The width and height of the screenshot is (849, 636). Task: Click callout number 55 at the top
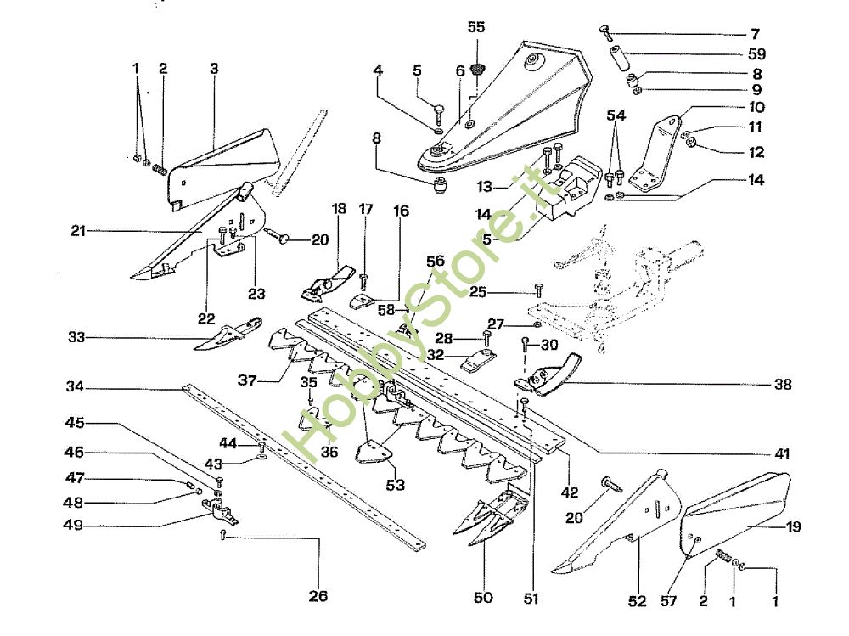coord(476,27)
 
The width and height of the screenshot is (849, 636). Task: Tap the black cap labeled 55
coord(476,67)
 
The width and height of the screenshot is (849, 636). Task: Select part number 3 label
coord(214,67)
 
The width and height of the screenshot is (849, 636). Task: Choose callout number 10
coord(756,108)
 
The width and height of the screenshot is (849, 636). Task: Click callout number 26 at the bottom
coord(318,596)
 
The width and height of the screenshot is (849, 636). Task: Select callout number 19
coord(793,526)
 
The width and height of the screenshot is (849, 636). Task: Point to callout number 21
coord(79,230)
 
